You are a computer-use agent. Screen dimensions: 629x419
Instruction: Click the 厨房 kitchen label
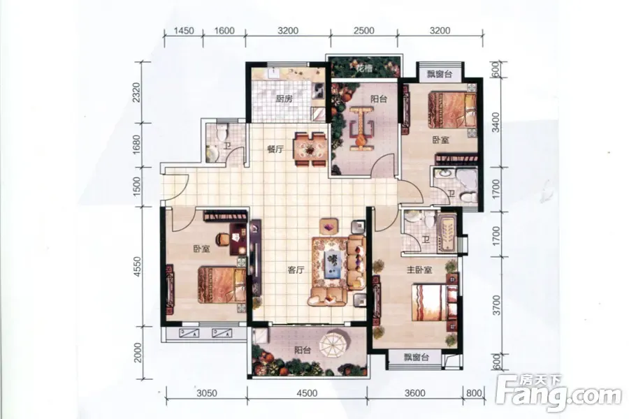point(284,98)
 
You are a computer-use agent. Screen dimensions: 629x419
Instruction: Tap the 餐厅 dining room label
point(275,149)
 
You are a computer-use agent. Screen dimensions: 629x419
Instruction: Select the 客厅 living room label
point(296,270)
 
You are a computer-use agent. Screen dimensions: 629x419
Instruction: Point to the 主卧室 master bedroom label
point(419,270)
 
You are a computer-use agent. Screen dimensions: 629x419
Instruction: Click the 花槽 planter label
point(364,69)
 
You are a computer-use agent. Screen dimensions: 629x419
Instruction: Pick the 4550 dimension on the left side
point(138,267)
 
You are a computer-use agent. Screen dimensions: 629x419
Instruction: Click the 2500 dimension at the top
point(364,31)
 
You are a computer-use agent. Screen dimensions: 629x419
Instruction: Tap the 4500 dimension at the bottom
point(307,393)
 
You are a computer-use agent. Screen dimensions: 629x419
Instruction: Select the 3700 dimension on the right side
point(497,304)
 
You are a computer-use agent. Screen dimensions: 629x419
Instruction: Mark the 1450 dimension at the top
point(184,31)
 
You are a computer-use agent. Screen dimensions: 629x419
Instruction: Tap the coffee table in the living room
point(332,263)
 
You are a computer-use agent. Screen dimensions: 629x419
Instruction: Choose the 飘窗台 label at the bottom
point(416,357)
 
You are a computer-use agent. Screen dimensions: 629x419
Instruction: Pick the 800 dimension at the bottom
point(474,393)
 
